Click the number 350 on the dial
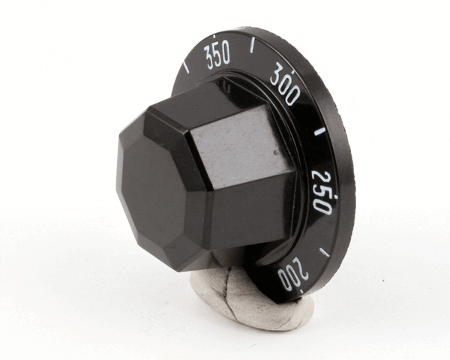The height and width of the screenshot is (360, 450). click(217, 55)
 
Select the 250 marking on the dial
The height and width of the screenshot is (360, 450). click(323, 192)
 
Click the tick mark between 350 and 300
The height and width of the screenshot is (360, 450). click(252, 46)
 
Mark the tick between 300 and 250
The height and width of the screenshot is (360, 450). click(319, 132)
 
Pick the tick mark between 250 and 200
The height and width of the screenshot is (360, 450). click(324, 251)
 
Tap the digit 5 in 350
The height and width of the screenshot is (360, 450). click(217, 55)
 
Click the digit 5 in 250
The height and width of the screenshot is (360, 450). click(322, 192)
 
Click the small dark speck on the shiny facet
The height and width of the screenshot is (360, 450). click(277, 152)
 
